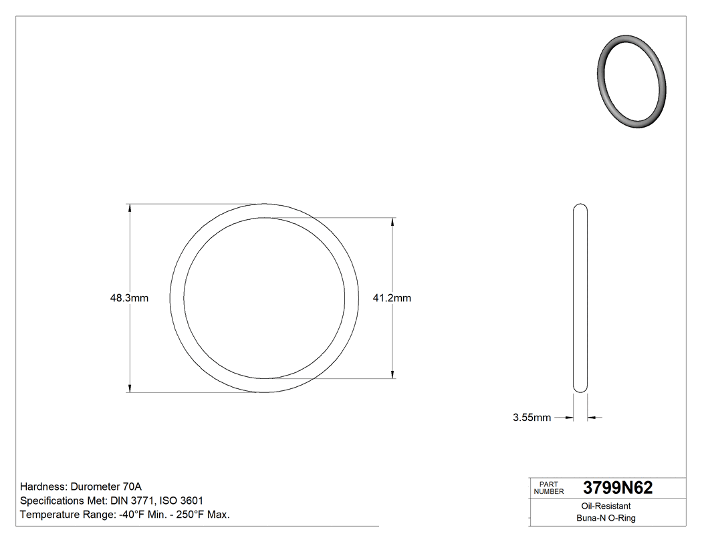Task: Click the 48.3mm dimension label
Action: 129,298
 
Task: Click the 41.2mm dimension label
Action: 392,298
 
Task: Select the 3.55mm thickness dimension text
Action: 532,418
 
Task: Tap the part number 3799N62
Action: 617,488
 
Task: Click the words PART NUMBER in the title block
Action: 549,488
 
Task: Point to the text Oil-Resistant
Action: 606,507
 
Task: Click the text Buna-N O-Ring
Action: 606,519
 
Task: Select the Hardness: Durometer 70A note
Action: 81,487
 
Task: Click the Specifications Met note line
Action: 112,501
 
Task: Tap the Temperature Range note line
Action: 125,515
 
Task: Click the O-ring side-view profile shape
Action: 580,298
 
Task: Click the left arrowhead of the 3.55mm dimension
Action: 570,418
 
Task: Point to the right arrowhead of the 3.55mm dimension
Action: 592,418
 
